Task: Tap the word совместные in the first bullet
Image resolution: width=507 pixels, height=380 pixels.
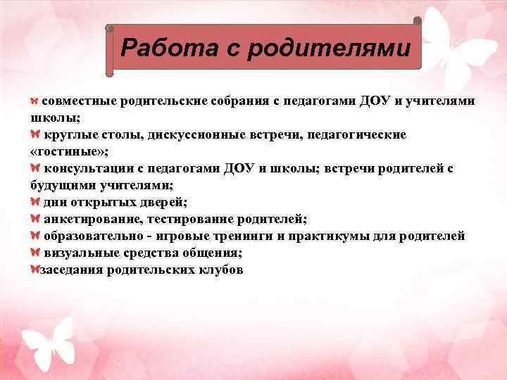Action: (x=79, y=101)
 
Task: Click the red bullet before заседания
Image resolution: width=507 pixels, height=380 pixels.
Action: (x=35, y=270)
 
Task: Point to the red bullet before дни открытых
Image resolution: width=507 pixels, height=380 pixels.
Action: (x=36, y=202)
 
